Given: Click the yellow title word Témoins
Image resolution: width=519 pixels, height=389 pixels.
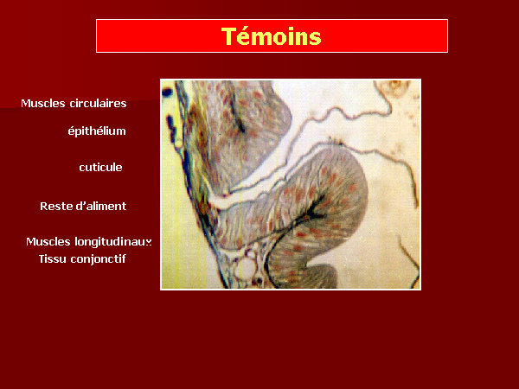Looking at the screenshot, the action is [x=272, y=36].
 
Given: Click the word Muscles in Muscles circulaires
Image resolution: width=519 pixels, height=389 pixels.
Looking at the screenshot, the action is [x=43, y=103].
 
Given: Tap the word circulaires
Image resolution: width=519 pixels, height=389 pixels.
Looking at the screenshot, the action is [x=98, y=103].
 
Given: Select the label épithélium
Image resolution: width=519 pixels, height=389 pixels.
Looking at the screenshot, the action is [x=97, y=131].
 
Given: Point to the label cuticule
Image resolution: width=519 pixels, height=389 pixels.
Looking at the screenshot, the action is [x=100, y=168].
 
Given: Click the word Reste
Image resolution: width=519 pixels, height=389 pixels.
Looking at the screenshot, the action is [x=54, y=207].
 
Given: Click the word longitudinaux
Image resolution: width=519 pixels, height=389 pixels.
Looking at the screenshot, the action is [x=112, y=242].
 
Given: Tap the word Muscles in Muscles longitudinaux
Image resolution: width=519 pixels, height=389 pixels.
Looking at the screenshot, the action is [x=48, y=241].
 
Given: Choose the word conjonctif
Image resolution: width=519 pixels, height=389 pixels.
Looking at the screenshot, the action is [x=98, y=259].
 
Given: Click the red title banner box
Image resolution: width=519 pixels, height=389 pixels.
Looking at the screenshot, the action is [x=272, y=35].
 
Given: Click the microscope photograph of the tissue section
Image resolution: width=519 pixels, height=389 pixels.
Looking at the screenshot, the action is [x=291, y=184].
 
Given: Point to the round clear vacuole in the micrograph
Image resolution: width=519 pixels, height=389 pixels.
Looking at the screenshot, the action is [x=246, y=266].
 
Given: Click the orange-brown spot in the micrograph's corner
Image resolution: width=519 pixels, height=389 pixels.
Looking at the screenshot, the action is [x=394, y=86].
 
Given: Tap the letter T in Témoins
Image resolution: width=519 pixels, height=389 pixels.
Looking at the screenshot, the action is [x=228, y=36].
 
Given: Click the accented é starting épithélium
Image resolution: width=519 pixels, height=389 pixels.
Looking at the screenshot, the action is [x=71, y=131].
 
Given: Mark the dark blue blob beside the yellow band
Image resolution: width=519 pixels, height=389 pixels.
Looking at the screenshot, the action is [x=167, y=92].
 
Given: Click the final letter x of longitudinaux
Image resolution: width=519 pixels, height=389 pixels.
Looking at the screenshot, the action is [x=149, y=242].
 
